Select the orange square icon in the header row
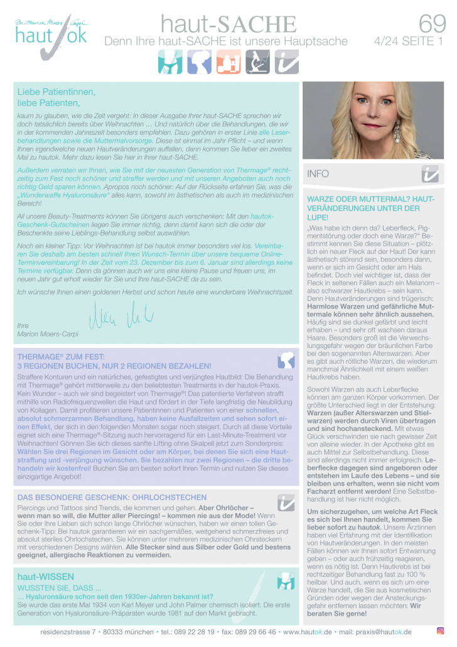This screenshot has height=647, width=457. click(228, 63)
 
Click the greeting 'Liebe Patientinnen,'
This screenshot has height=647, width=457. click(56, 92)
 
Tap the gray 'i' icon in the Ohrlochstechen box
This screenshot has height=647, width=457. click(286, 501)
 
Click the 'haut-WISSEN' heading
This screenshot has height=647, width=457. click(46, 575)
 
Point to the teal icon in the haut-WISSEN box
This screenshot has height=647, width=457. click(286, 582)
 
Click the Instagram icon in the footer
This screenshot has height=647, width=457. click(440, 631)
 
